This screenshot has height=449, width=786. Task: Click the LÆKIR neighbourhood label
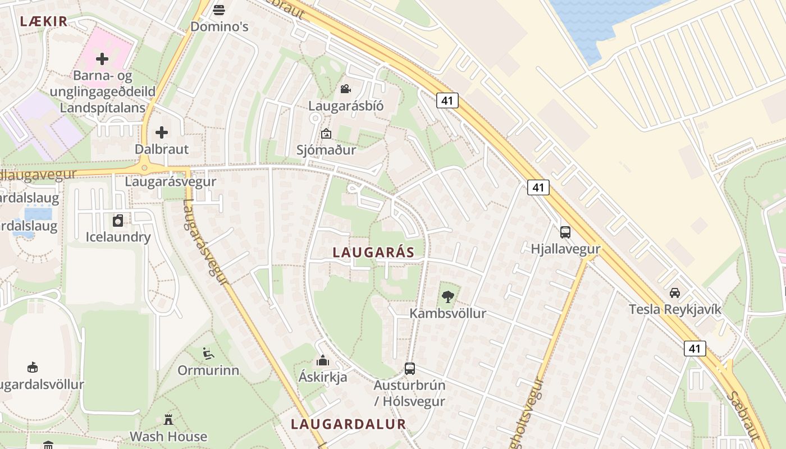pos(44,21)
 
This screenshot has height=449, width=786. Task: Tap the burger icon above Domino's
pos(219,10)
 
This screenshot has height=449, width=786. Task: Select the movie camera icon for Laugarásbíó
pos(345,89)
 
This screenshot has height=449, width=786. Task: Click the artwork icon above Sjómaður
pos(326,134)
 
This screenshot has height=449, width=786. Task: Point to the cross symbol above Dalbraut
pos(162,132)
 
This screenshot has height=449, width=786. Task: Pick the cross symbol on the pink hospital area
pos(102,58)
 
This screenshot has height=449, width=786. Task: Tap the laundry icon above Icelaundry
pos(118,221)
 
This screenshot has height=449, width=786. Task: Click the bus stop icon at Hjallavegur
pos(565,232)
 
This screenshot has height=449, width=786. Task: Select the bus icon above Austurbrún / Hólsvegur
pos(410,369)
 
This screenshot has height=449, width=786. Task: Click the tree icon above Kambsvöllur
pos(447,296)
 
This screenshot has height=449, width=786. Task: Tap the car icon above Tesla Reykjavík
pos(675,292)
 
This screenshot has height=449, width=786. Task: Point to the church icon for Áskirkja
pos(323,360)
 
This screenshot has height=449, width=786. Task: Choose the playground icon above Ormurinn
pos(208,354)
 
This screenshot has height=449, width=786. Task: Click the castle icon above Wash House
pos(168,419)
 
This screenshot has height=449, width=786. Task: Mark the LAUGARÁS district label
pos(373,253)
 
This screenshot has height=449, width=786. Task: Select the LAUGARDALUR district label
pos(348,424)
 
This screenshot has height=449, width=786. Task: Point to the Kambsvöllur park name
pos(447,313)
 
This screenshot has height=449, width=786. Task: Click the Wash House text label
pos(168,436)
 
